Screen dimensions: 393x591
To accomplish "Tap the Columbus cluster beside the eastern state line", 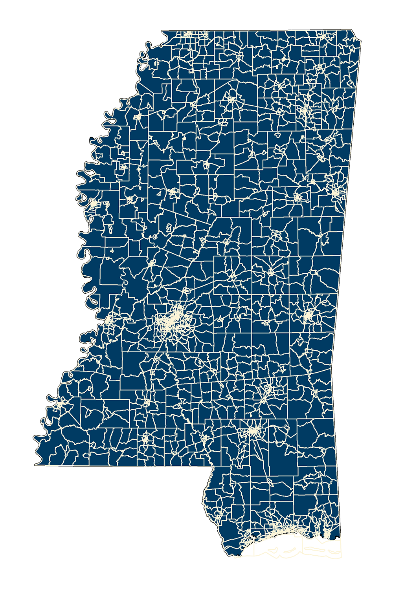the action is pos(335,193).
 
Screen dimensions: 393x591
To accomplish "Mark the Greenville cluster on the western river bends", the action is pos(93,204).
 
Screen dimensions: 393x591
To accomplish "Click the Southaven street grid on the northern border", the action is pos(189,35).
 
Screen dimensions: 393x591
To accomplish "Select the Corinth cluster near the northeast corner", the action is pos(323,36).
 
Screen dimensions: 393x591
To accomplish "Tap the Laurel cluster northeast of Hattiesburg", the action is pos(269,390).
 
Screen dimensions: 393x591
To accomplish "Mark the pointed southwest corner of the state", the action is pos(35,463).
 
